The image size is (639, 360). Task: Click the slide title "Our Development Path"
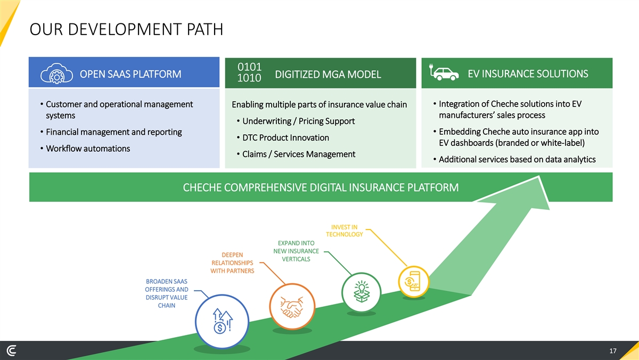pyautogui.click(x=127, y=29)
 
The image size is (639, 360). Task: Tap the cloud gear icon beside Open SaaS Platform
pyautogui.click(x=53, y=73)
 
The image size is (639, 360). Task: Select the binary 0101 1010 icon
pyautogui.click(x=249, y=73)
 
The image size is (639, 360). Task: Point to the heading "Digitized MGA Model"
pyautogui.click(x=328, y=74)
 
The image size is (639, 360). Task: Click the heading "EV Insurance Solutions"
pyautogui.click(x=528, y=73)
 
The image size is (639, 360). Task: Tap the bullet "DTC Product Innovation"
pyautogui.click(x=285, y=137)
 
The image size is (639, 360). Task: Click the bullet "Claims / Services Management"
pyautogui.click(x=298, y=154)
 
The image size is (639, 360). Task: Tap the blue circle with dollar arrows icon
pyautogui.click(x=222, y=321)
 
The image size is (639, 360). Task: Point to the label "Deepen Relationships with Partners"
pyautogui.click(x=233, y=263)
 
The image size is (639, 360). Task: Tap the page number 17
pyautogui.click(x=612, y=351)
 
